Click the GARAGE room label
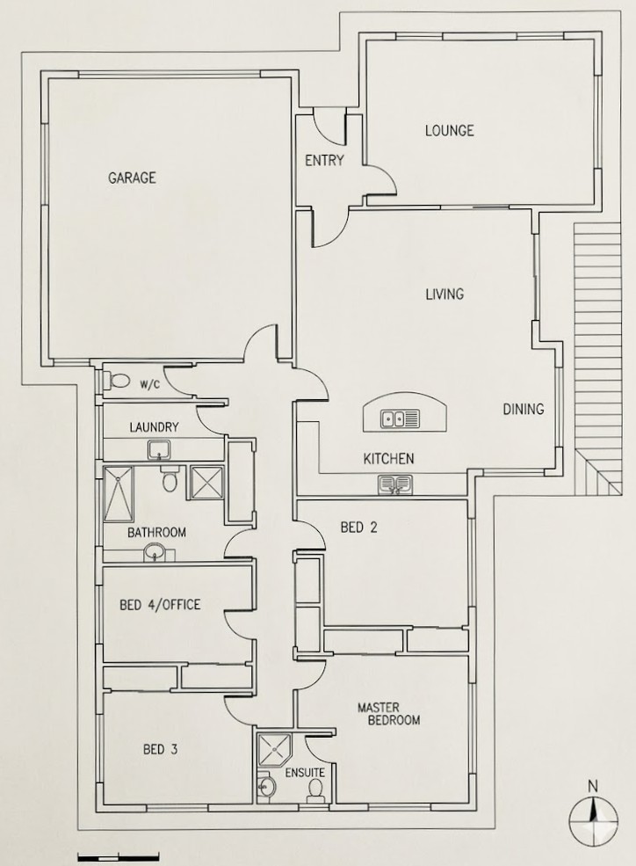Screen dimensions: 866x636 132,178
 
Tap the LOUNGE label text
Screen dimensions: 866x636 449,131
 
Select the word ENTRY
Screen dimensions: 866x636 324,161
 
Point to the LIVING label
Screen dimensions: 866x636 444,295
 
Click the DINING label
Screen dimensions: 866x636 523,409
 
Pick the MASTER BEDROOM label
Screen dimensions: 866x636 387,713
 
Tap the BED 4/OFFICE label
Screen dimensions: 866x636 160,604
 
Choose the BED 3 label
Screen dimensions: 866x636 161,750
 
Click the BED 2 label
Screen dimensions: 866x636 358,528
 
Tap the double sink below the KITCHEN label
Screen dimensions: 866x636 395,484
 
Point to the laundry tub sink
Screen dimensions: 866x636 159,451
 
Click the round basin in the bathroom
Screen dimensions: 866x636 155,553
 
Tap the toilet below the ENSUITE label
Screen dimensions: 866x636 315,792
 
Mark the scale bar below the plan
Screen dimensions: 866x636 118,855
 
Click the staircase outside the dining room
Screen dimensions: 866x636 600,352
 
